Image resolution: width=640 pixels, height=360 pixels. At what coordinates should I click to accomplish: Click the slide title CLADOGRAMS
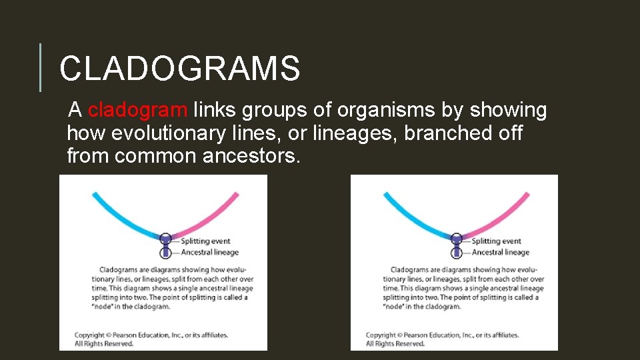pyautogui.click(x=179, y=69)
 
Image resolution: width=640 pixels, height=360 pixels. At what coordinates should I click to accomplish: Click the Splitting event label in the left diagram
pyautogui.click(x=205, y=241)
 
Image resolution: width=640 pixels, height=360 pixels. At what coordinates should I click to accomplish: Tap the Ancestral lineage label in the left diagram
pyautogui.click(x=209, y=252)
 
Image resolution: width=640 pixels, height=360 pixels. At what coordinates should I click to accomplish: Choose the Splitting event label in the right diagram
pyautogui.click(x=496, y=241)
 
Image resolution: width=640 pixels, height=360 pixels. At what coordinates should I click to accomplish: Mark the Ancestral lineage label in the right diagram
pyautogui.click(x=500, y=252)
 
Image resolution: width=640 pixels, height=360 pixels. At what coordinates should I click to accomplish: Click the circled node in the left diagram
pyautogui.click(x=166, y=238)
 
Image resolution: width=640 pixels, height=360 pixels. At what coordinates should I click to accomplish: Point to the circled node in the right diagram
pyautogui.click(x=457, y=238)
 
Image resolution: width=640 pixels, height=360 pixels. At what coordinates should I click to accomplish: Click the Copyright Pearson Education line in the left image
pyautogui.click(x=151, y=335)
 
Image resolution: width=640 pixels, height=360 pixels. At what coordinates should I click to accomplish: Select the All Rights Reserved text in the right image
pyautogui.click(x=395, y=344)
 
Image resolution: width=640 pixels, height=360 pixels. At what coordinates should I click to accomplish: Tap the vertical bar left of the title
pyautogui.click(x=41, y=67)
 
